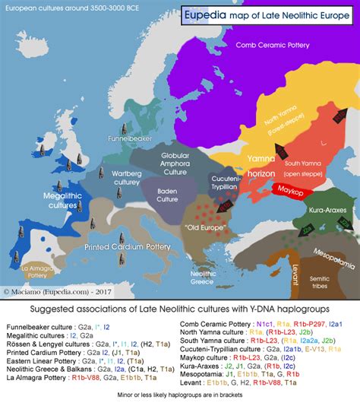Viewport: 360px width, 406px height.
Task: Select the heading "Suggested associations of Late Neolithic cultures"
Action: click(180, 309)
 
